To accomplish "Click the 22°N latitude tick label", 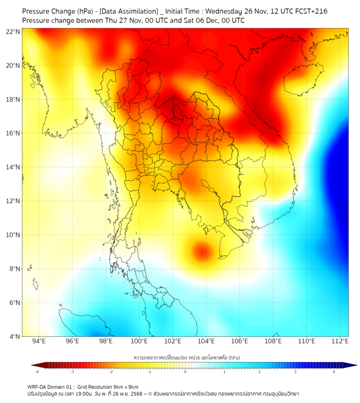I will [13, 31].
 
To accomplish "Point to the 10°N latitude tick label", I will [13, 235].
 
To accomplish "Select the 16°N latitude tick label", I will [13, 133].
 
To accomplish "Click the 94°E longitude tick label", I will [39, 341].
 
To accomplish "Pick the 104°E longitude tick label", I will [206, 341].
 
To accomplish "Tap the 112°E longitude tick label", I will [340, 341].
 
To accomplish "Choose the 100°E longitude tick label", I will [139, 341].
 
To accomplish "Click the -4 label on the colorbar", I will [36, 372].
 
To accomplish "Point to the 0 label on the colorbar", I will [185, 372].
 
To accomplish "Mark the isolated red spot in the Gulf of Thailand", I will [202, 249].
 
